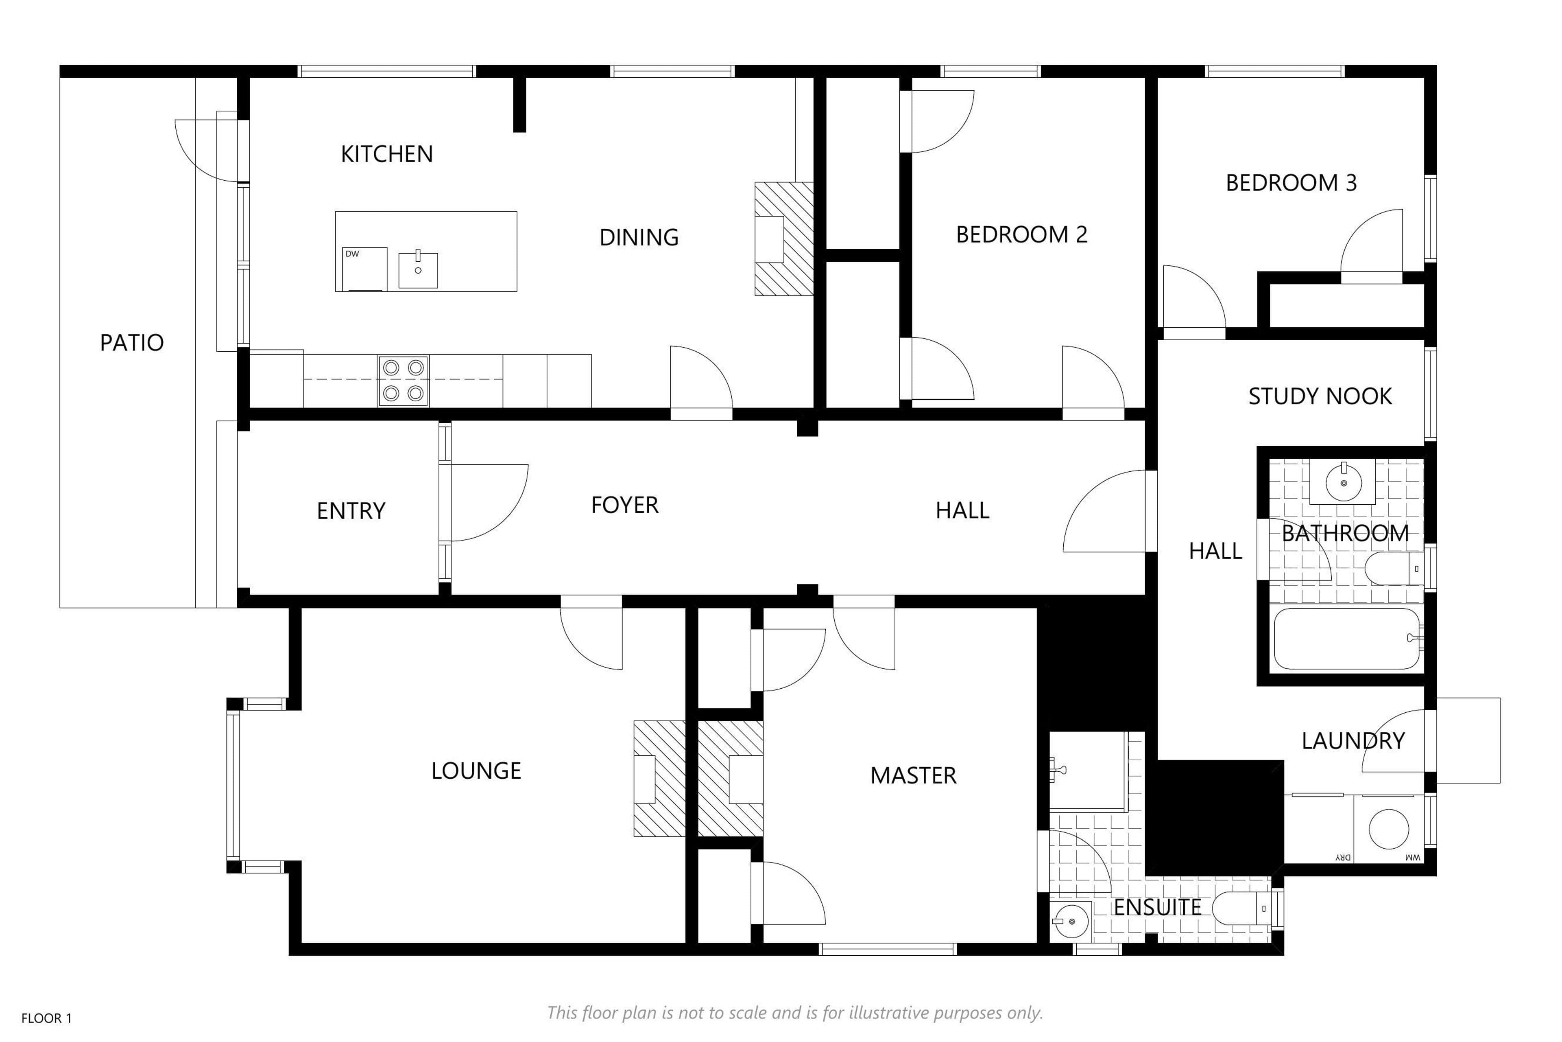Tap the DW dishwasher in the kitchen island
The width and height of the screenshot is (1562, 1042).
(364, 269)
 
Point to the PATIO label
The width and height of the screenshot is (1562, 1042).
(131, 343)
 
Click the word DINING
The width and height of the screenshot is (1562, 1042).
(639, 237)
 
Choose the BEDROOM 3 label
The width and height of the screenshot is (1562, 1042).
(1291, 183)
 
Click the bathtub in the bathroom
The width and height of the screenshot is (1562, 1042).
(1347, 639)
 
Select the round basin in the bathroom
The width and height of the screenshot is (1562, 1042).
(1344, 482)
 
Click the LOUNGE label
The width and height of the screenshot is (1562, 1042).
(476, 771)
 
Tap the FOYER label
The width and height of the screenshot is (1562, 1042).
(624, 505)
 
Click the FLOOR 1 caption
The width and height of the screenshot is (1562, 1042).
(46, 1018)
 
